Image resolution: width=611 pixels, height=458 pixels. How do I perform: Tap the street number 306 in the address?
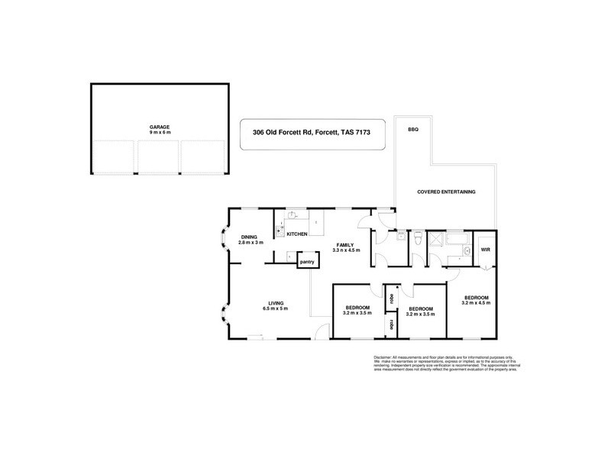260,131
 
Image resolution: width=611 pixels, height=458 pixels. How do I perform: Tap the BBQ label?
414,129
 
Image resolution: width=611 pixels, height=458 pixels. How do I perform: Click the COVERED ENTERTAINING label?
445,192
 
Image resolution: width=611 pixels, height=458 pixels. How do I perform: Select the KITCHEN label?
297,234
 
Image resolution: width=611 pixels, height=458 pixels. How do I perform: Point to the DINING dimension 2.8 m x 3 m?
252,243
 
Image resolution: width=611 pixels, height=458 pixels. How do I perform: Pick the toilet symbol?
416,239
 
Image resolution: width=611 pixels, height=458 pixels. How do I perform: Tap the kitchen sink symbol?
281,226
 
